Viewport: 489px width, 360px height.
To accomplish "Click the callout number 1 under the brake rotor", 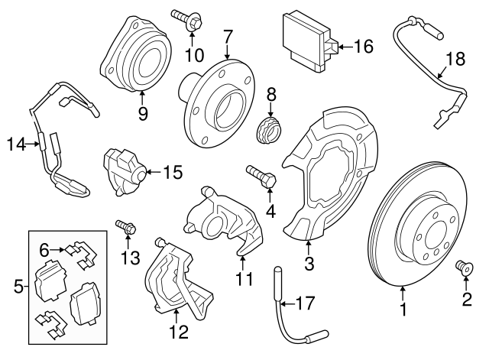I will [403, 312].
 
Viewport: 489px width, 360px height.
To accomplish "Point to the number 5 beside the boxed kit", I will [18, 287].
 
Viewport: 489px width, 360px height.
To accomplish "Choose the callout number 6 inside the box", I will [44, 248].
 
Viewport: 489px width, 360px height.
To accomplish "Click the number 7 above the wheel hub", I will [228, 35].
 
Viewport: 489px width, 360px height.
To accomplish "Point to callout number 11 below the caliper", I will [244, 279].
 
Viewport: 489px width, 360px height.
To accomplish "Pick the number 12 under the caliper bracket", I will [177, 332].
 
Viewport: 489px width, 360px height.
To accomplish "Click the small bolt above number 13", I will [125, 226].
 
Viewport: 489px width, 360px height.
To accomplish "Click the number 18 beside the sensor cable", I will [455, 58].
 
